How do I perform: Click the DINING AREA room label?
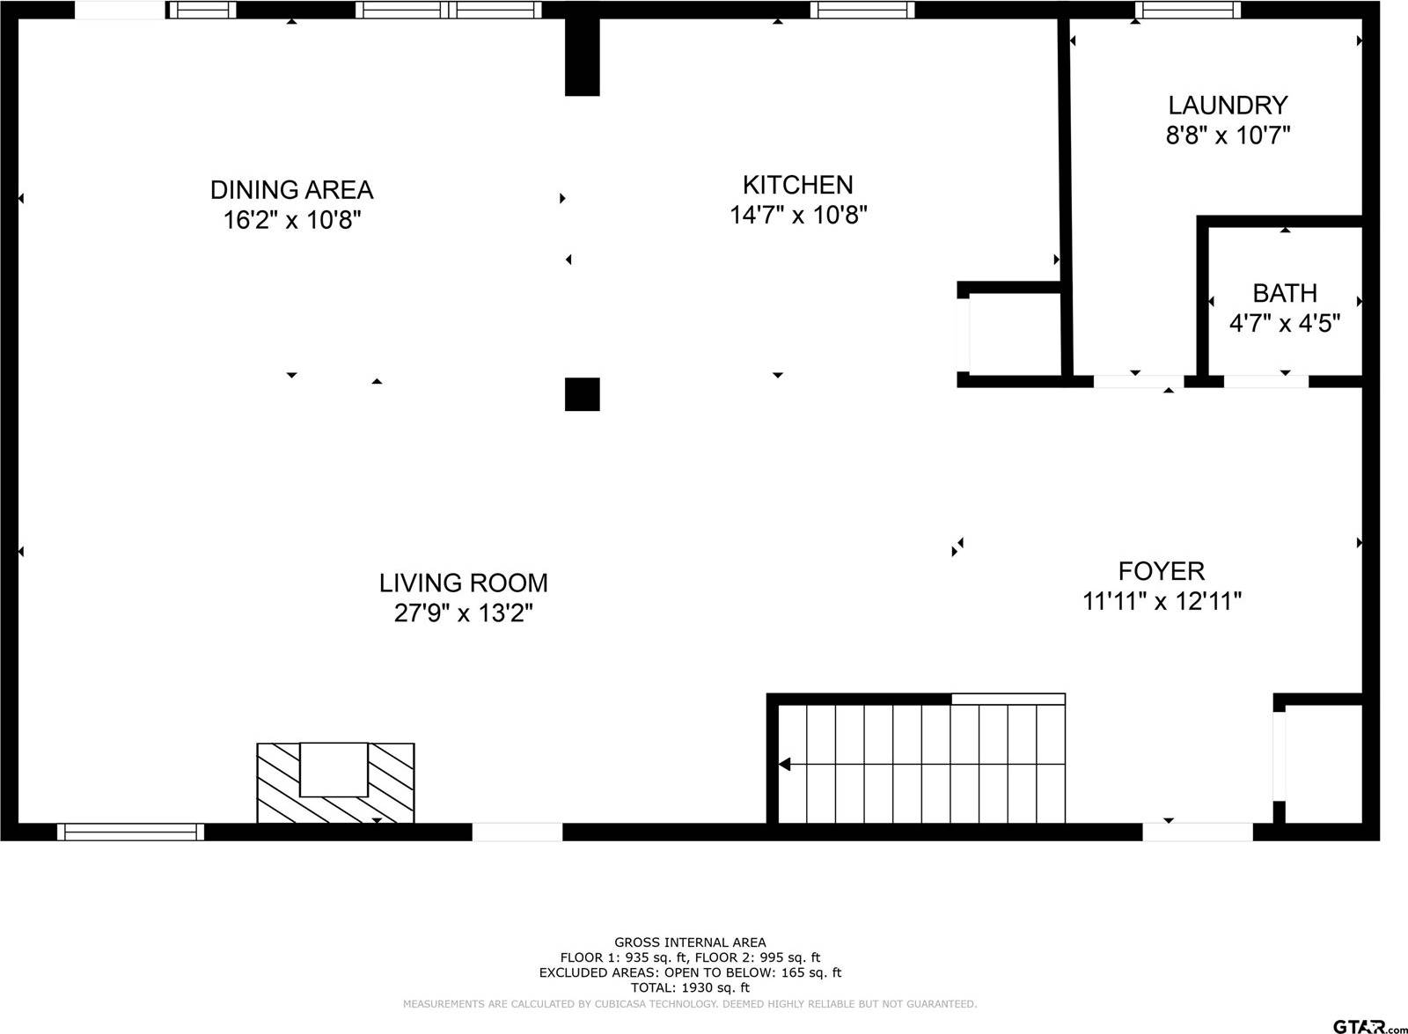tap(291, 190)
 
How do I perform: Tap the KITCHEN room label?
tap(797, 186)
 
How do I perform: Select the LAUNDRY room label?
tap(1228, 105)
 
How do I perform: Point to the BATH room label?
tap(1285, 294)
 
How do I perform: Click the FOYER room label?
tap(1162, 571)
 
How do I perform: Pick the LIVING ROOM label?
tap(463, 583)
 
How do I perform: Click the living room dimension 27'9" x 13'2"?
tap(463, 612)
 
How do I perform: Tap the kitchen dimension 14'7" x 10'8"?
tap(798, 215)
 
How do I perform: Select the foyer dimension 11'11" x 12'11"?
tap(1162, 602)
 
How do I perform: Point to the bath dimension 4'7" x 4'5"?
tap(1285, 324)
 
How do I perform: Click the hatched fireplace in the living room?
tap(335, 782)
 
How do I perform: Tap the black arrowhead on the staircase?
tap(784, 765)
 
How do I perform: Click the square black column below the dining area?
tap(582, 394)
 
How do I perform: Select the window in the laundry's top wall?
tap(1188, 10)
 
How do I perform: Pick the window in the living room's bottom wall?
tap(131, 832)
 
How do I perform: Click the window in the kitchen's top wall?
tap(862, 10)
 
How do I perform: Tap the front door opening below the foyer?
tap(1198, 832)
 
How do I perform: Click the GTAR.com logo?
tap(1368, 1026)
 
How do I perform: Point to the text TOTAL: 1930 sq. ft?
tap(690, 987)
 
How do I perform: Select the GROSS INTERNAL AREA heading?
tap(690, 942)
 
